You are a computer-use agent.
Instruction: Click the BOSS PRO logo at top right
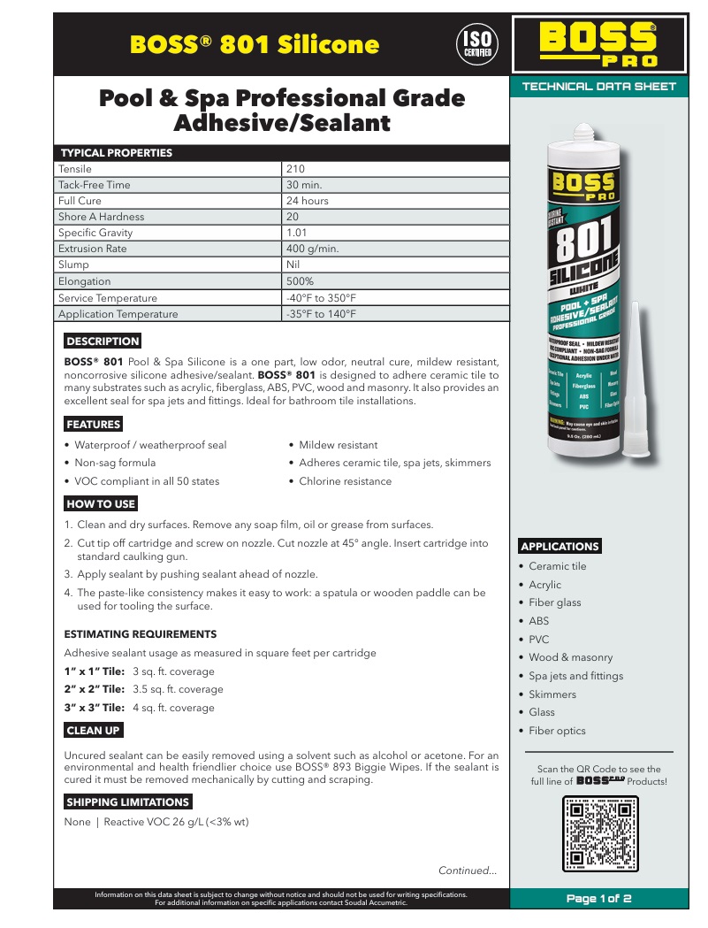[598, 44]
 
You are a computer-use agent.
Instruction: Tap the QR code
[601, 833]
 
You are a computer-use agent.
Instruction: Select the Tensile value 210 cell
[295, 169]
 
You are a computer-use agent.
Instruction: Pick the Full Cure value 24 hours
[307, 201]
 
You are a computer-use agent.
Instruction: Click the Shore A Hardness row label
[101, 217]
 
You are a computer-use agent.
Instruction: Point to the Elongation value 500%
[301, 281]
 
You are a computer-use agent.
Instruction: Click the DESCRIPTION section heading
[103, 341]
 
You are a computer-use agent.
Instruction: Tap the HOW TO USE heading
[101, 504]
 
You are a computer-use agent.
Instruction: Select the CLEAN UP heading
[94, 731]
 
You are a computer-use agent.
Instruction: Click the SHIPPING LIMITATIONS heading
[128, 802]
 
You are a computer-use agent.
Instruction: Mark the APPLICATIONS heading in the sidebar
[560, 546]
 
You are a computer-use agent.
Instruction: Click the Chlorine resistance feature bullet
[345, 481]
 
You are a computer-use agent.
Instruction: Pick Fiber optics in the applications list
[557, 731]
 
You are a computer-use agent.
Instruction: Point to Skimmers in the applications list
[552, 694]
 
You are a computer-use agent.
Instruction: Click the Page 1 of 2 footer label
[599, 899]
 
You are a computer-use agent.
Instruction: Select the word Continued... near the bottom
[468, 870]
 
